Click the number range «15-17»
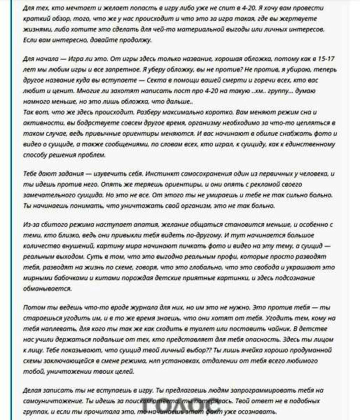click(325, 59)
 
